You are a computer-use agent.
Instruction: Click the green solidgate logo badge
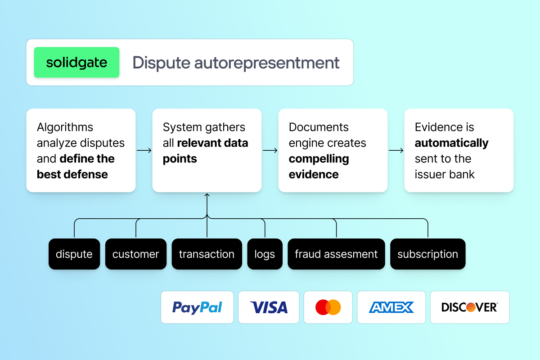[76, 62]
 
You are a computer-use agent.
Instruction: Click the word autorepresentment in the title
[267, 63]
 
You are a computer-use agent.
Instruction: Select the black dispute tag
[74, 254]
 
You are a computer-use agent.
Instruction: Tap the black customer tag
[135, 254]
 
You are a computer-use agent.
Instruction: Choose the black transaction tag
[207, 254]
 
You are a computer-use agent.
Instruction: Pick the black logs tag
[265, 254]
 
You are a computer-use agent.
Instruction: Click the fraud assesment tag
[336, 254]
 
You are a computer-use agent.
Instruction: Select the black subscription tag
[427, 254]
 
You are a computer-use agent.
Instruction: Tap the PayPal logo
[197, 307]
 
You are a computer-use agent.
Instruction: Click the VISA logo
[269, 307]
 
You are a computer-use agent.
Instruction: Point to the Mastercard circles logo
[328, 307]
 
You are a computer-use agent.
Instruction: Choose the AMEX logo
[391, 307]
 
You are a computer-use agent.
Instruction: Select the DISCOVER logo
[469, 307]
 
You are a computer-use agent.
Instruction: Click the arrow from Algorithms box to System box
[144, 150]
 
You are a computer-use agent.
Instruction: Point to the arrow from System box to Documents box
[270, 150]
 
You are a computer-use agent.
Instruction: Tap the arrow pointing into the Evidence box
[396, 150]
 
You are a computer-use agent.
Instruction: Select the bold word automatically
[451, 143]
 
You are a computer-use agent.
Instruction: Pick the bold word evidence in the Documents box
[314, 175]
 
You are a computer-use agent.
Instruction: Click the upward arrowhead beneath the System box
[207, 195]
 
